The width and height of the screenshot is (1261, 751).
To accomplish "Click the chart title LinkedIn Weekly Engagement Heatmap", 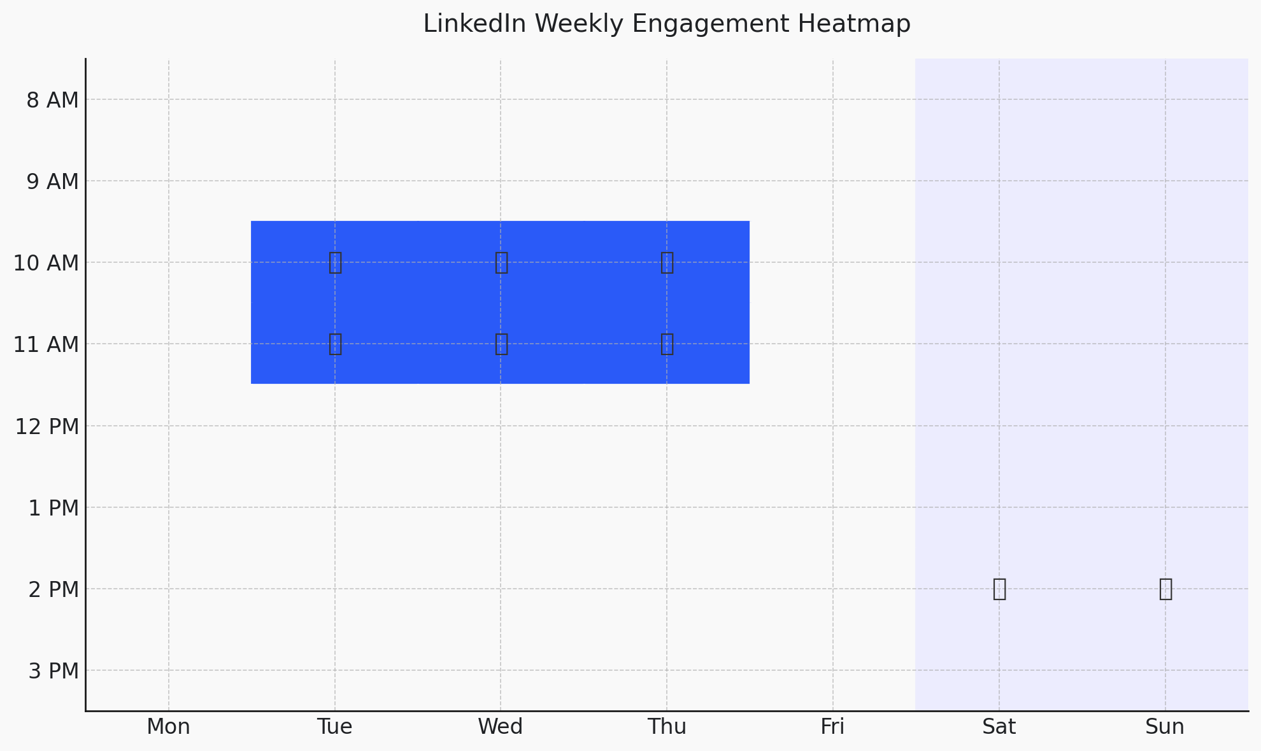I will click(x=667, y=24).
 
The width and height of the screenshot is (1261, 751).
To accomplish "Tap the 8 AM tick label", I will click(x=52, y=100).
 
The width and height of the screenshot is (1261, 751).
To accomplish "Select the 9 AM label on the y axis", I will click(x=52, y=181).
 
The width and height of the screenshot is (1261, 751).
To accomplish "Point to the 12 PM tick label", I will click(x=47, y=426).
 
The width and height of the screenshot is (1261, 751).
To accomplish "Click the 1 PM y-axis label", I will click(x=53, y=508).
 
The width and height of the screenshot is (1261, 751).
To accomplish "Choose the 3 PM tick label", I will click(x=53, y=671).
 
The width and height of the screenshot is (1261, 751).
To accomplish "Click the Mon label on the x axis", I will click(x=169, y=726).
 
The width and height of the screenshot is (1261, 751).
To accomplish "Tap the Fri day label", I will click(x=832, y=726).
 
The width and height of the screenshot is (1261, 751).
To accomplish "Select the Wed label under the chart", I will click(x=501, y=726).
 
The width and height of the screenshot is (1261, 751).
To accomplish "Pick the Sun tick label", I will click(x=1165, y=726).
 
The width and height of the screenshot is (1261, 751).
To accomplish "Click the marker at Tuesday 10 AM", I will click(x=335, y=262).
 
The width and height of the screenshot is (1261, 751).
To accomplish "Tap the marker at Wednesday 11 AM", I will click(x=501, y=344).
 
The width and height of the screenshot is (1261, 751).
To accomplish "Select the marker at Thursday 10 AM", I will click(x=667, y=262).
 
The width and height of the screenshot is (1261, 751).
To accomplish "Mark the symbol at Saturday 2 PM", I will click(x=999, y=589).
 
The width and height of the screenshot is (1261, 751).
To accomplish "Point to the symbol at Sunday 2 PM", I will click(x=1165, y=589).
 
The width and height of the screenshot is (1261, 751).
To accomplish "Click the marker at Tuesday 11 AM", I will click(x=335, y=344).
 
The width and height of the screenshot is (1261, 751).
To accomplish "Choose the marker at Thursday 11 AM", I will click(x=667, y=344).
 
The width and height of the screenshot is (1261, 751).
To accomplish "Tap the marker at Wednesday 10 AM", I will click(x=501, y=262).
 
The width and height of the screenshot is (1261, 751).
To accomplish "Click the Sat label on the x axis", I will click(x=999, y=726).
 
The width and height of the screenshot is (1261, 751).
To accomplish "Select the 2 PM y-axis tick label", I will click(x=53, y=589).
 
